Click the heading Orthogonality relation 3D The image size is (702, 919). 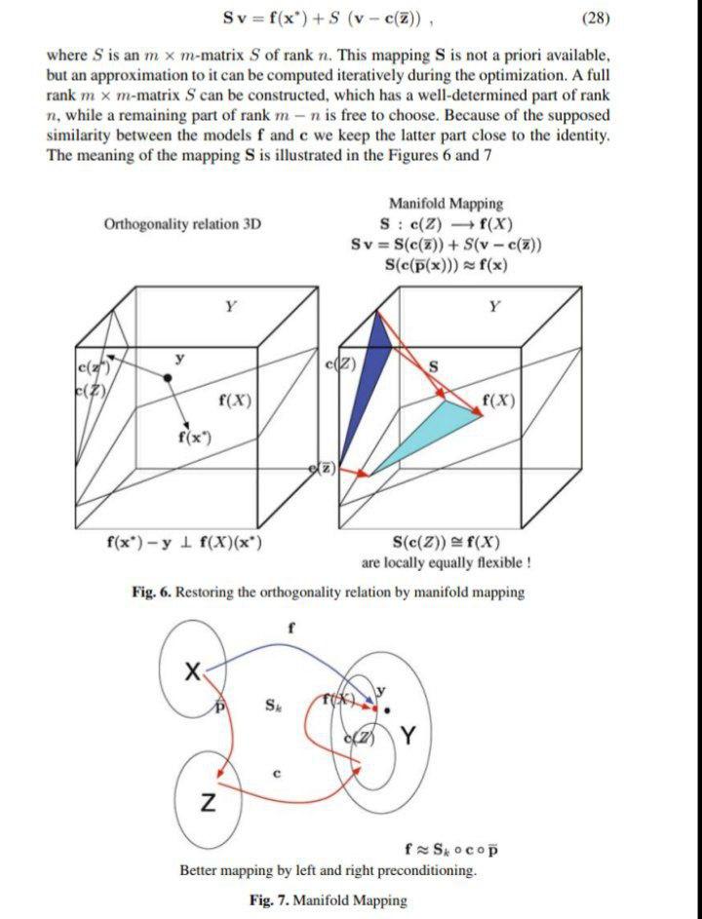point(183,224)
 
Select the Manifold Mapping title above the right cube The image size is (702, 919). point(446,204)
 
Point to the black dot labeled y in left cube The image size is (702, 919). point(169,376)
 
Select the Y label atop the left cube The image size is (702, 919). point(230,306)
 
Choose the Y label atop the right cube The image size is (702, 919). point(495,306)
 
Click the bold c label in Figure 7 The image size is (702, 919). point(277,775)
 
